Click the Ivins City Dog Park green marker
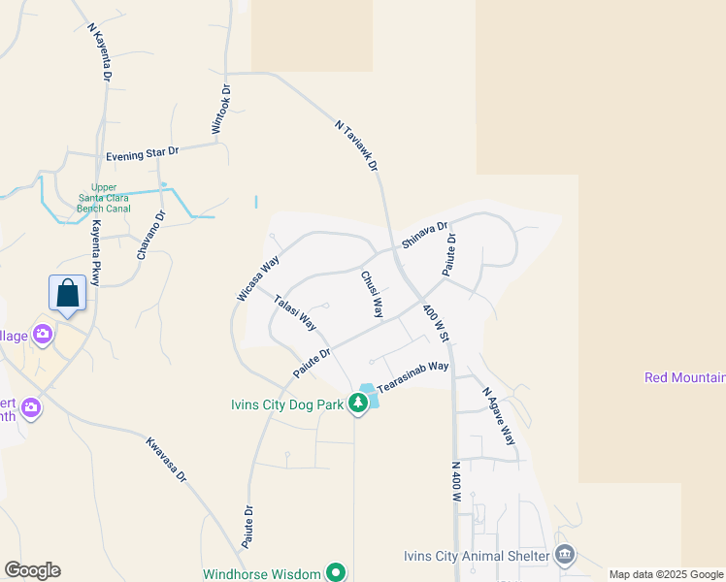tap(358, 404)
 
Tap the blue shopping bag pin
tap(67, 293)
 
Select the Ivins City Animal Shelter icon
tap(565, 556)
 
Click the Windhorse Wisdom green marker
tap(336, 573)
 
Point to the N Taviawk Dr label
tap(355, 145)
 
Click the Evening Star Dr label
tap(143, 153)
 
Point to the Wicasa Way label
tap(258, 277)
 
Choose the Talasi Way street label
tap(294, 311)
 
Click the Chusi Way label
tap(373, 295)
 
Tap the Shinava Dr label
tap(425, 236)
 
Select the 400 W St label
tap(435, 323)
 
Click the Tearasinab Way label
tap(412, 376)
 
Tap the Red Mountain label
tap(685, 377)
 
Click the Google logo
tap(32, 570)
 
